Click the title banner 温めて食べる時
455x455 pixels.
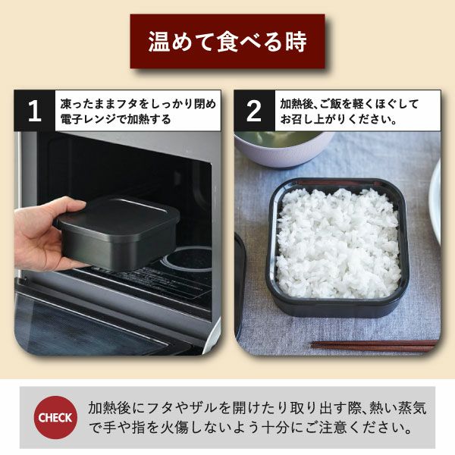(227, 42)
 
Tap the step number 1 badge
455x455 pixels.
(34, 111)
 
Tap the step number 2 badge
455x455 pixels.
(254, 111)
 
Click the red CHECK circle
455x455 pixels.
(55, 417)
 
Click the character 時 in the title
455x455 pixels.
(295, 42)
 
